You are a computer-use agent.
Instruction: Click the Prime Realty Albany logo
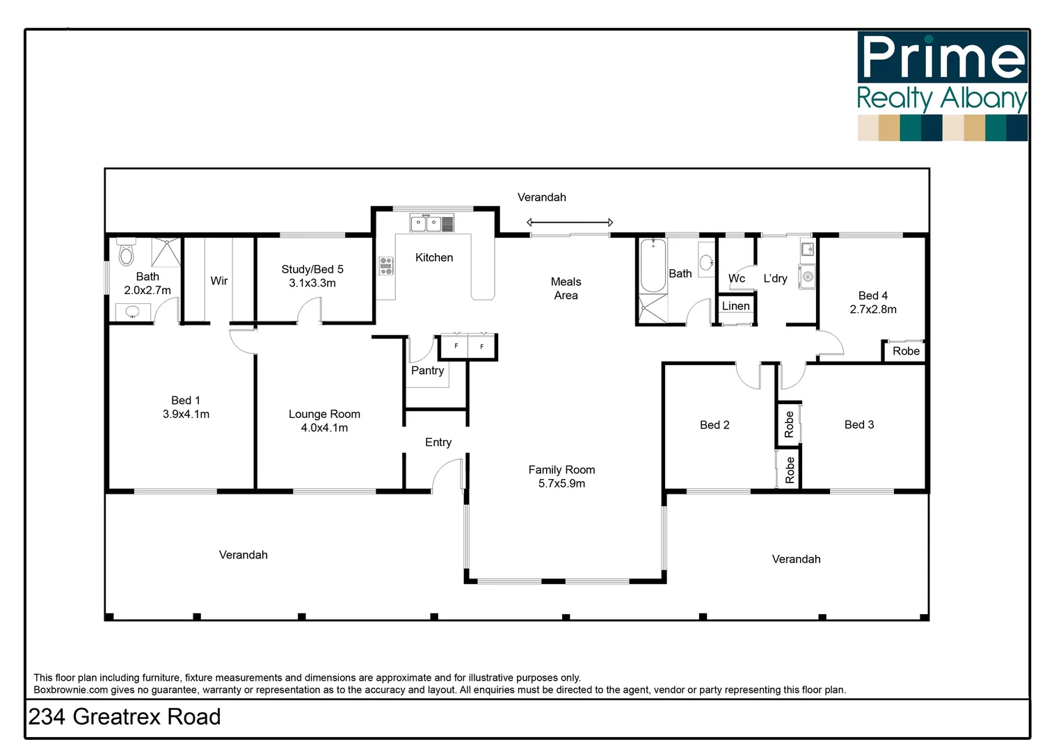pos(942,86)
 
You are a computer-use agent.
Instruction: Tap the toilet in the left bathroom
pos(126,254)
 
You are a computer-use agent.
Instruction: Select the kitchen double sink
pos(426,224)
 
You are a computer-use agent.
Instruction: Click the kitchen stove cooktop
pos(386,266)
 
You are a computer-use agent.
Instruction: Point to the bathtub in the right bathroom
pos(653,266)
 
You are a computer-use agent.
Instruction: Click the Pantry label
pos(427,371)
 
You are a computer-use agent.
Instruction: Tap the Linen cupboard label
pos(735,306)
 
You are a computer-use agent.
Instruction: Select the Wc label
pos(737,278)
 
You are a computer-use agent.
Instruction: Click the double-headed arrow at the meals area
pos(570,223)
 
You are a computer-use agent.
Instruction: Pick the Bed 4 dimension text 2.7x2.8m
pos(873,309)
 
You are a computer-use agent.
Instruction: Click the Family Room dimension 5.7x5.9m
pos(561,483)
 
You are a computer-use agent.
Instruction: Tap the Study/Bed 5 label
pos(312,269)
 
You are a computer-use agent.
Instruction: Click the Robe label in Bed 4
pos(906,351)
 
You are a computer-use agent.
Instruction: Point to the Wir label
pos(219,281)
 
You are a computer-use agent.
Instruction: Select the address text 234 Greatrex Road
pos(125,717)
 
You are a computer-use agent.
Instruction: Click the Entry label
pos(438,442)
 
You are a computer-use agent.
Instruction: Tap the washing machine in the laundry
pos(807,277)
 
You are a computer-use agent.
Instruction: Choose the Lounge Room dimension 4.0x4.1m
pos(324,428)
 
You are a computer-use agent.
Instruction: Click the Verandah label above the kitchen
pos(541,197)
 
